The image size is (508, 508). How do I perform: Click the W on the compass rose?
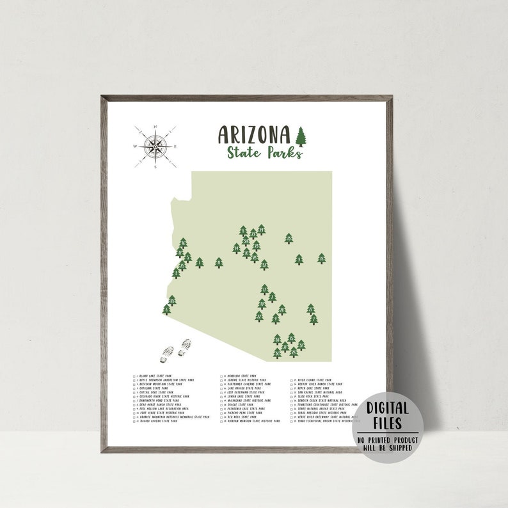(135, 147)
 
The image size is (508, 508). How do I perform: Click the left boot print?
(169, 352)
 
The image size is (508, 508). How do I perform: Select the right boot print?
(186, 346)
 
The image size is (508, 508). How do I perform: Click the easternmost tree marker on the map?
(321, 258)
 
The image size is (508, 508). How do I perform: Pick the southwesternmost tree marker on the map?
(167, 310)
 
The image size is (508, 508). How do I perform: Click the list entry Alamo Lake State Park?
(156, 376)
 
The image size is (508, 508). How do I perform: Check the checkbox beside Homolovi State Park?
(221, 376)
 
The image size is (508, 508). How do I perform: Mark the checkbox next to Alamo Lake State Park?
(135, 376)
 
